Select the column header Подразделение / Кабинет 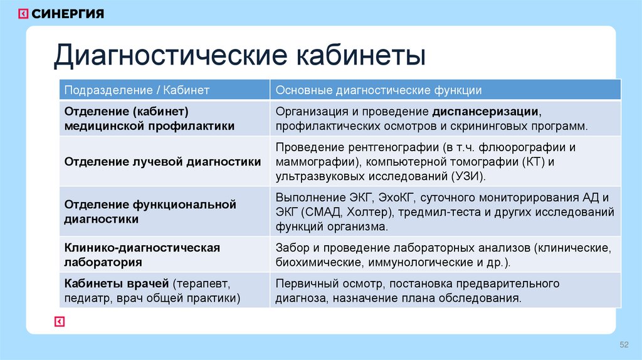point(137,90)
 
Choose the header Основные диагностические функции point(379,90)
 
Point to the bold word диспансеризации point(485,112)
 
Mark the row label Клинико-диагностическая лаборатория point(142,255)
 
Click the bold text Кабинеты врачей point(117,283)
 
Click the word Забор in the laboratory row point(291,247)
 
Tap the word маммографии point(310,162)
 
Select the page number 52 point(624,345)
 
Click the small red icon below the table point(60,321)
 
